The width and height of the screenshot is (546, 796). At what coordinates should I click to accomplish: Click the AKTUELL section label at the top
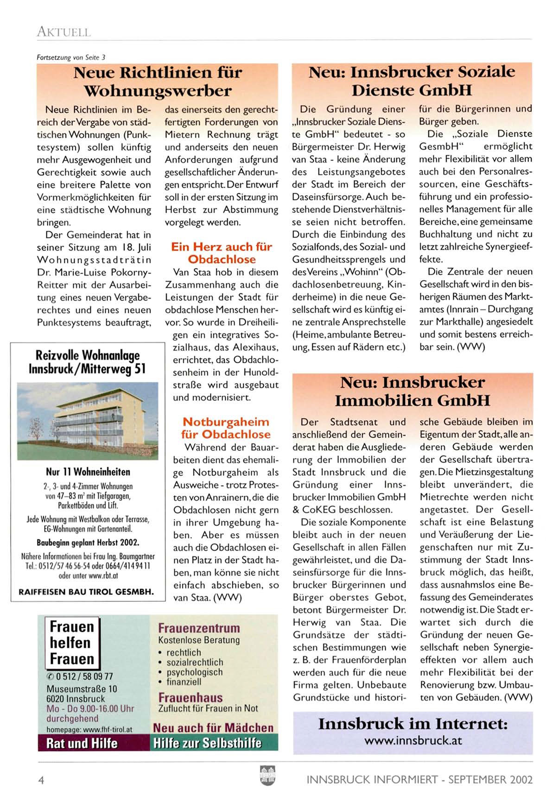coord(63,32)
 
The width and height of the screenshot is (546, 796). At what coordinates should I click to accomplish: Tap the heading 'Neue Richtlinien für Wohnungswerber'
coord(158,81)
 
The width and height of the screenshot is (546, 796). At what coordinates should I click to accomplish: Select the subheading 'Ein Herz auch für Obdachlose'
coord(222,253)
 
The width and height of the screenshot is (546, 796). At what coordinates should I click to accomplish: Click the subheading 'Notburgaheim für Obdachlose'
coord(226,428)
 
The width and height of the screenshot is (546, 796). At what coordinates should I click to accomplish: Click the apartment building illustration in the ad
coord(88,421)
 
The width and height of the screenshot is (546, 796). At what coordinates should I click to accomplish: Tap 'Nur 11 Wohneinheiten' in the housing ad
coord(88,472)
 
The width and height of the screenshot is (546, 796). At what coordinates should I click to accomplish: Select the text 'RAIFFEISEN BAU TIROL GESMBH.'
coord(86,592)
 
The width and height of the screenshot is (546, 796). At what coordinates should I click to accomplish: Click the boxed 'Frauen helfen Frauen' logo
coord(72,642)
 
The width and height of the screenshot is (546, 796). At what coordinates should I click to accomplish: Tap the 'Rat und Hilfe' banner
coord(82,743)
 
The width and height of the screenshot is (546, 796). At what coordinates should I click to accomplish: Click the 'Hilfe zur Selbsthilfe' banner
coord(207,743)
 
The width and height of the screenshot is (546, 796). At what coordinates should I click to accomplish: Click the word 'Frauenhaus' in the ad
coord(190,697)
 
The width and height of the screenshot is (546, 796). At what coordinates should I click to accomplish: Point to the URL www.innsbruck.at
coord(413,740)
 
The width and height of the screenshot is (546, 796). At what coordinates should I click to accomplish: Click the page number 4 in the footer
coord(41,780)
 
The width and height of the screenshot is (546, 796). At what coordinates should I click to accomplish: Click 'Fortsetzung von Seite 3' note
coord(71,57)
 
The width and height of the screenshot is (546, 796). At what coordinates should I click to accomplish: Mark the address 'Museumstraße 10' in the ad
coord(82,689)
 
